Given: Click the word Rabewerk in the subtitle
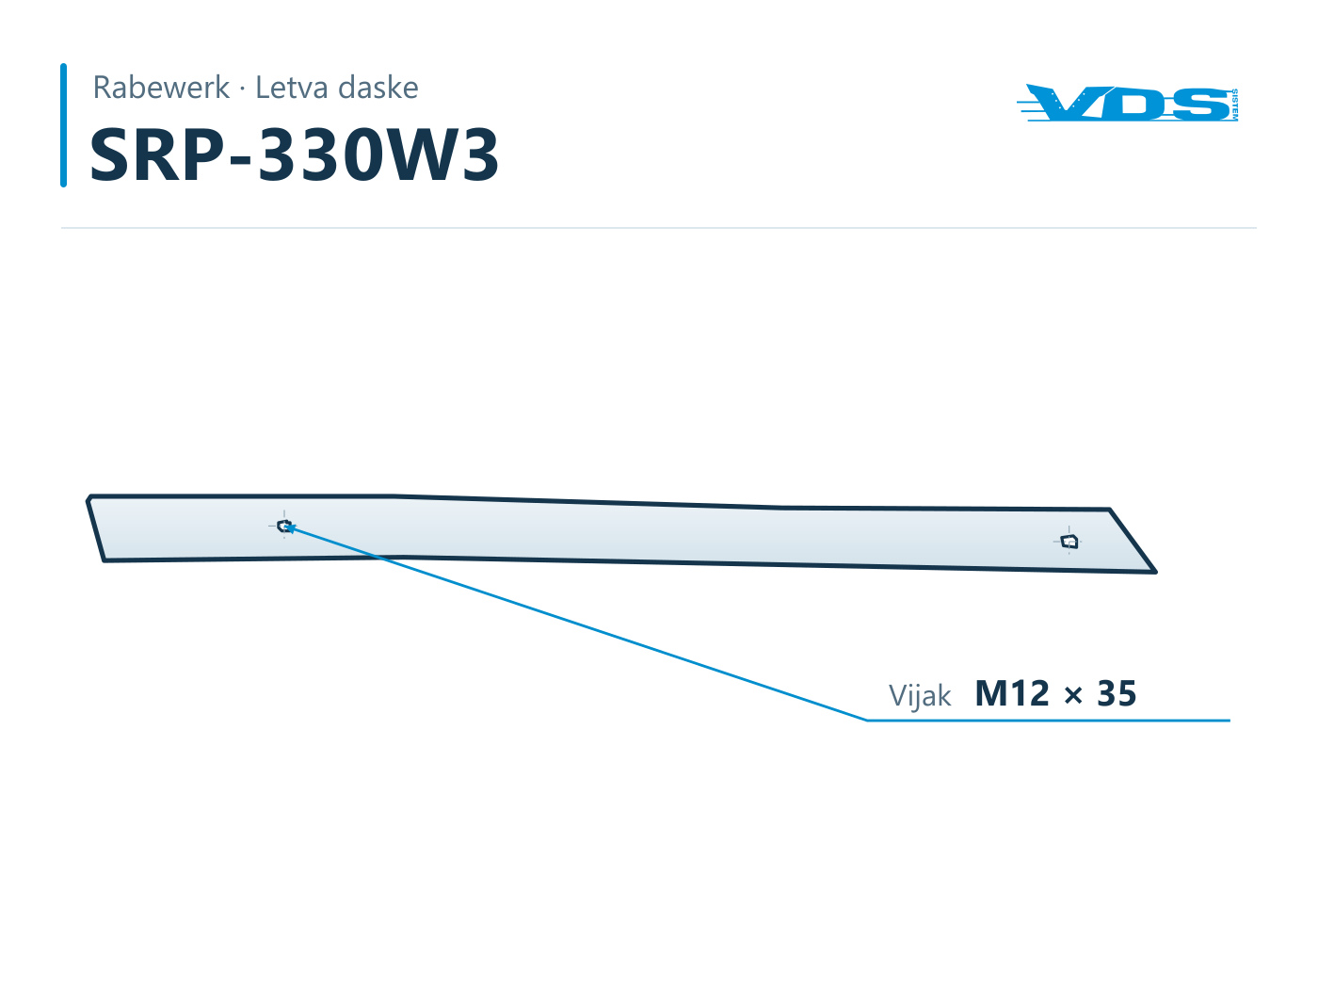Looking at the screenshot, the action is click(161, 88).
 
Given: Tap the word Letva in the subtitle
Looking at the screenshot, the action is click(292, 88).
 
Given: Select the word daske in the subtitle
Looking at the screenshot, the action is click(378, 88).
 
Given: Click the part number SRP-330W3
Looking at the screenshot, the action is click(295, 154).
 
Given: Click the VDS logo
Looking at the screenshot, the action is click(1127, 103).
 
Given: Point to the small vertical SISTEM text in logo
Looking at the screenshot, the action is click(1234, 105).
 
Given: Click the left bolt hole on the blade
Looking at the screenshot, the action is click(284, 526).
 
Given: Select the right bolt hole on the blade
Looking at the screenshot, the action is click(1069, 542).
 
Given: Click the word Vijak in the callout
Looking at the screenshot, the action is click(919, 696).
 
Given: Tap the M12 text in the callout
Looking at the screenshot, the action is click(1012, 693).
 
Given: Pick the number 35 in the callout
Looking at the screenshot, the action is click(1117, 693).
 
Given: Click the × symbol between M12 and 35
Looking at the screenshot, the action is click(1073, 696).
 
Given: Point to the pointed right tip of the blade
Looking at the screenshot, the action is click(1154, 571).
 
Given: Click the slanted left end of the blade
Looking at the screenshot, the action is click(96, 528).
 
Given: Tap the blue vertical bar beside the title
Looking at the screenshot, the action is click(64, 125).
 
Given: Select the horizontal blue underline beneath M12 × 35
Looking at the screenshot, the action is click(1049, 720).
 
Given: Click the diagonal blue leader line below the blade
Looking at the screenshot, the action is click(576, 623).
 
